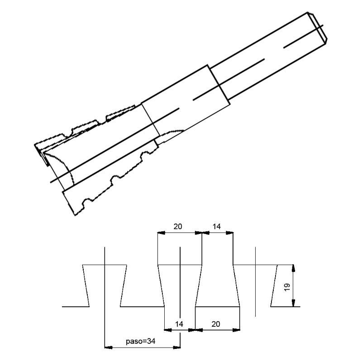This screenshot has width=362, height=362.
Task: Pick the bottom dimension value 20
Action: point(215,324)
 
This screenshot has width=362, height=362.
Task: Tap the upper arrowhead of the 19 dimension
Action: point(294,268)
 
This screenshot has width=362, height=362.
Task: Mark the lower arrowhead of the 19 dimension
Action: point(294,304)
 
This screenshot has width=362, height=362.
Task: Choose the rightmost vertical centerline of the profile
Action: point(256,281)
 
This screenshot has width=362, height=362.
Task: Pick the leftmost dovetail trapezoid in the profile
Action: point(105,286)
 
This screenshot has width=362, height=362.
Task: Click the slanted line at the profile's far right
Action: point(274,286)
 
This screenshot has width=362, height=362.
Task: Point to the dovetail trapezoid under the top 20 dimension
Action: point(180,286)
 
